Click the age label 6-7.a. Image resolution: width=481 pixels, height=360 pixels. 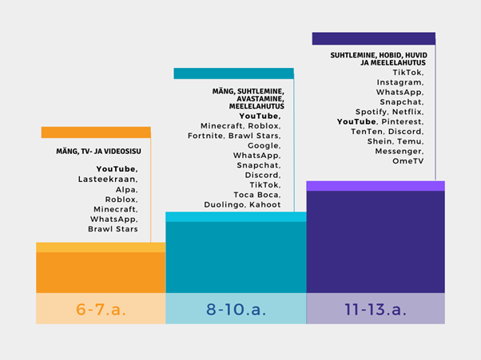101,309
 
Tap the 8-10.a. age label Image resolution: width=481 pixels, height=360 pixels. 235,309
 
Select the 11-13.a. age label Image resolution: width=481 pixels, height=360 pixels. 375,309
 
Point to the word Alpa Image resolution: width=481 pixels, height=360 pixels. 127,190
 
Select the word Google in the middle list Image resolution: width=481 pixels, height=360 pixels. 264,146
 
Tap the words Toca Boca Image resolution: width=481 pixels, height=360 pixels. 256,194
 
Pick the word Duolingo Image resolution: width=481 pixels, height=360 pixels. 225,204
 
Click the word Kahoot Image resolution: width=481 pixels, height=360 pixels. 264,204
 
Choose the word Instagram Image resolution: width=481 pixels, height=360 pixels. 400,82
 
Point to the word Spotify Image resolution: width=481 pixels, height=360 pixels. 371,112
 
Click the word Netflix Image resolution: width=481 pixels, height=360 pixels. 407,112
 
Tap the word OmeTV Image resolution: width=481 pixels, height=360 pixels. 407,160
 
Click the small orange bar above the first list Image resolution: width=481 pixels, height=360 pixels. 96,133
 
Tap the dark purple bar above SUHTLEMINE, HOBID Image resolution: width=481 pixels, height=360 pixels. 373,38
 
